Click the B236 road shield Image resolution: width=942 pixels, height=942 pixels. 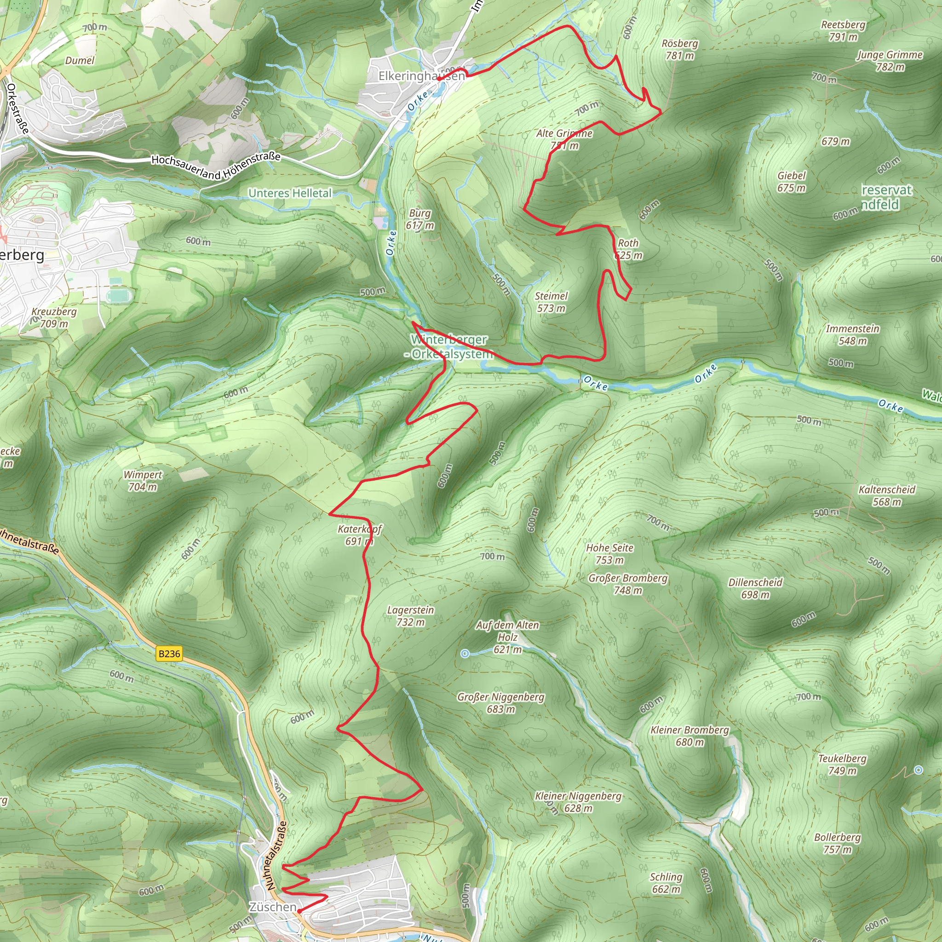pyautogui.click(x=169, y=654)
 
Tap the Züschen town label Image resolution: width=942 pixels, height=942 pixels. pyautogui.click(x=273, y=907)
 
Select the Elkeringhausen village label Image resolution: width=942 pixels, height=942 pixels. pyautogui.click(x=422, y=76)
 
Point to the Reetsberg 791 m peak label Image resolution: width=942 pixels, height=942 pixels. pyautogui.click(x=843, y=31)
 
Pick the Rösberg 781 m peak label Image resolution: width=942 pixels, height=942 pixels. pyautogui.click(x=680, y=50)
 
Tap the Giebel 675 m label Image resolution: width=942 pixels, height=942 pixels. pyautogui.click(x=791, y=182)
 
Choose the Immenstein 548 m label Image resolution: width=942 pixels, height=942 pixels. pyautogui.click(x=852, y=335)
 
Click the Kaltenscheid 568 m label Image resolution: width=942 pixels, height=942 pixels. pyautogui.click(x=887, y=496)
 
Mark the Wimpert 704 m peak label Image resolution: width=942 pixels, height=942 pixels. pyautogui.click(x=143, y=481)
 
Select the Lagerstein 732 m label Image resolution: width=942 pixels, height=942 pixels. pyautogui.click(x=411, y=616)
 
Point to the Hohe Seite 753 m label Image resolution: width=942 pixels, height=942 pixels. pyautogui.click(x=609, y=554)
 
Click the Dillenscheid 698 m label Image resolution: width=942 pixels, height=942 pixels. pyautogui.click(x=755, y=588)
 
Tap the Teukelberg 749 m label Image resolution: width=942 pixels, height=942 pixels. pyautogui.click(x=842, y=764)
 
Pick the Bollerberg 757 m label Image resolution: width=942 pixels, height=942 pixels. pyautogui.click(x=837, y=844)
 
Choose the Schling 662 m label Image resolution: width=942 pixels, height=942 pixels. pyautogui.click(x=666, y=883)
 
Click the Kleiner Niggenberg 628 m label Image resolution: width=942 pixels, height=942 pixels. pyautogui.click(x=578, y=802)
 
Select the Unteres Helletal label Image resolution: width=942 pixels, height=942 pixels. pyautogui.click(x=290, y=193)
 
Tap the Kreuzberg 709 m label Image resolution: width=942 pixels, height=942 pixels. pyautogui.click(x=54, y=317)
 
